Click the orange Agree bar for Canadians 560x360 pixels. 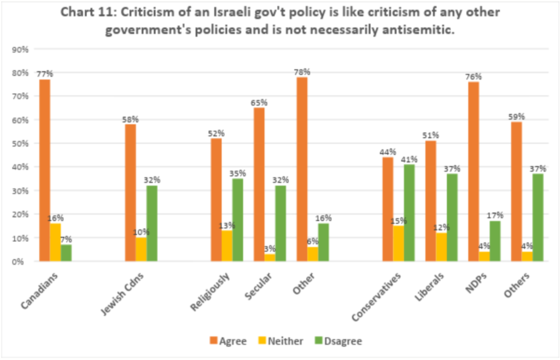(x=44, y=170)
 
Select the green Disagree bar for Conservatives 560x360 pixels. (x=410, y=213)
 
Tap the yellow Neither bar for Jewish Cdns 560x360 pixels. (x=142, y=249)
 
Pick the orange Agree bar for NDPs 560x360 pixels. (x=474, y=171)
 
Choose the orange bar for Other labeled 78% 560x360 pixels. (x=302, y=169)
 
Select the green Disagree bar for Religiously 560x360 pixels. (x=238, y=220)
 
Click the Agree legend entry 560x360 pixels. (x=228, y=341)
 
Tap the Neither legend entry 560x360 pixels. (x=280, y=341)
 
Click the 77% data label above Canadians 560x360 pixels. (x=45, y=73)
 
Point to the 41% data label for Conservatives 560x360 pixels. (x=410, y=159)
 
